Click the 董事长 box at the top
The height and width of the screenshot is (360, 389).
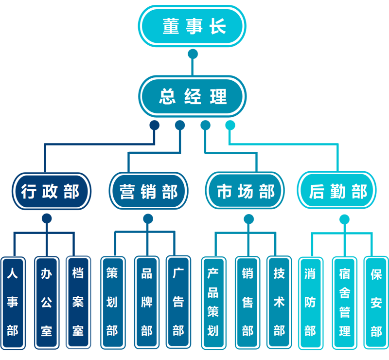click(x=194, y=27)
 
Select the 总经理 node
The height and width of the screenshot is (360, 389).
click(x=193, y=96)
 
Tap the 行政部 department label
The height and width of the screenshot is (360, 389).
click(x=50, y=191)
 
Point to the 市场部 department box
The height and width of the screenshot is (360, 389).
click(x=245, y=191)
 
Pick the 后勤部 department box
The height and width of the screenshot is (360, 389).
click(x=338, y=191)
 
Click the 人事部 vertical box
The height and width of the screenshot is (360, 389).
click(x=13, y=303)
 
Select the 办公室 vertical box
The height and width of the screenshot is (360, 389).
click(x=46, y=303)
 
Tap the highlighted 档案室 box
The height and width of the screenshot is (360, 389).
click(x=78, y=303)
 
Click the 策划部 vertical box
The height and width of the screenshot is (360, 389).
click(x=112, y=303)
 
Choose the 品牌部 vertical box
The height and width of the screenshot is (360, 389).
click(x=146, y=303)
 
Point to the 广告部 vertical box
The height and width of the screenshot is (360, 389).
click(x=178, y=303)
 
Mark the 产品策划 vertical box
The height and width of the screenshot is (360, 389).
click(x=212, y=303)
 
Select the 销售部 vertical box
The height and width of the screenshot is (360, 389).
click(x=248, y=303)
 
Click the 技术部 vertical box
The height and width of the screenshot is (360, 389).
click(x=279, y=303)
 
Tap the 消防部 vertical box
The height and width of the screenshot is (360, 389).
click(x=310, y=303)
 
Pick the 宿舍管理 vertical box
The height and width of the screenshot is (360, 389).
click(x=345, y=303)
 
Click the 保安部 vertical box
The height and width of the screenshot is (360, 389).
click(x=376, y=303)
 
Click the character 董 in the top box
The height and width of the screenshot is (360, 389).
click(x=171, y=27)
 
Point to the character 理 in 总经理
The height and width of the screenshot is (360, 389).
click(x=218, y=96)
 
